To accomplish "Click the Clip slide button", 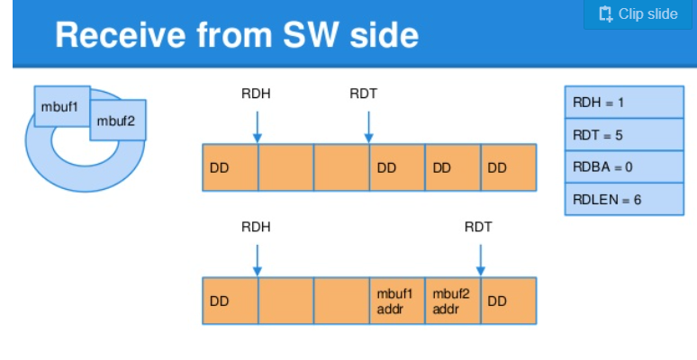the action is pyautogui.click(x=638, y=14).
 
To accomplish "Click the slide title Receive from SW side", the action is pyautogui.click(x=237, y=35).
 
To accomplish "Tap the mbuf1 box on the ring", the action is pyautogui.click(x=62, y=106).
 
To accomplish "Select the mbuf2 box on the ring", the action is pyautogui.click(x=118, y=121).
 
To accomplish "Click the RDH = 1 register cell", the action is pyautogui.click(x=624, y=103).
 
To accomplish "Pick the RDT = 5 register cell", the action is pyautogui.click(x=624, y=135).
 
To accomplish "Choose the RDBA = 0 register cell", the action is pyautogui.click(x=624, y=167).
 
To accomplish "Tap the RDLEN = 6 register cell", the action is pyautogui.click(x=624, y=199).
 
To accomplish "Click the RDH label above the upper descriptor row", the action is pyautogui.click(x=256, y=94).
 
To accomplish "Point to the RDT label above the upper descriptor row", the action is pyautogui.click(x=364, y=94).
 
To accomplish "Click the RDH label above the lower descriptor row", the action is pyautogui.click(x=256, y=227).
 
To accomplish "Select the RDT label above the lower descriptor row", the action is pyautogui.click(x=478, y=227).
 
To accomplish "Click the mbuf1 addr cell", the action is pyautogui.click(x=397, y=301).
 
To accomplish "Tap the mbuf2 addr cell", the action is pyautogui.click(x=453, y=301).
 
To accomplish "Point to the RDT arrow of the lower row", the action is pyautogui.click(x=481, y=260).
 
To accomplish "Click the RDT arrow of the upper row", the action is pyautogui.click(x=368, y=127).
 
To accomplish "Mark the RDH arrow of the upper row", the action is pyautogui.click(x=258, y=127).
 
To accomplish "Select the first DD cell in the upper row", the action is pyautogui.click(x=231, y=167).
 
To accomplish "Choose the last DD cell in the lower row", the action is pyautogui.click(x=509, y=301).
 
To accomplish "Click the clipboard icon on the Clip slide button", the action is pyautogui.click(x=605, y=13).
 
